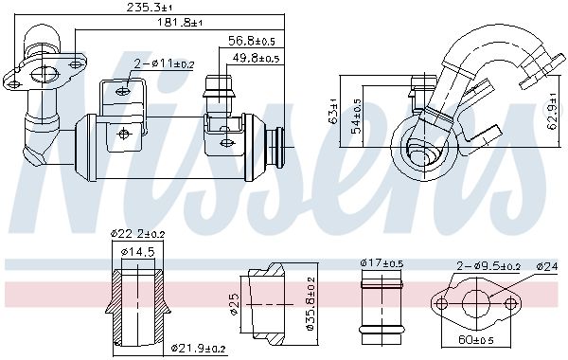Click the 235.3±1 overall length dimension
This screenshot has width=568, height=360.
(157, 9)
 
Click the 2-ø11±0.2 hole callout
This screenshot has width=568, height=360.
(164, 64)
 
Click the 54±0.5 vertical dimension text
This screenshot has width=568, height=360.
(357, 116)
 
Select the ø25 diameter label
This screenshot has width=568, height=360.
(233, 303)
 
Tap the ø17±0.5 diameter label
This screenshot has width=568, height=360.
(383, 263)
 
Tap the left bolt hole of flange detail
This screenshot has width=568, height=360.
(437, 304)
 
